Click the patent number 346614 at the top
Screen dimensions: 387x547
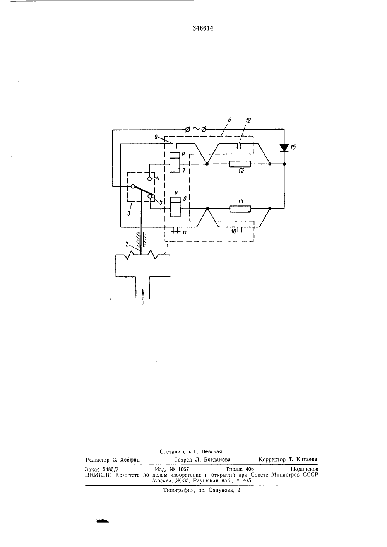pyautogui.click(x=203, y=28)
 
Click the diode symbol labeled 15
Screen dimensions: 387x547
pyautogui.click(x=284, y=148)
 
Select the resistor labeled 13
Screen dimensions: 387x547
pyautogui.click(x=240, y=164)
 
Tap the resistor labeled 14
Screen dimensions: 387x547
pyautogui.click(x=240, y=209)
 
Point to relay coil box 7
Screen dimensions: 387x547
pyautogui.click(x=175, y=162)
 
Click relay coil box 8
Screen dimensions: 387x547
pyautogui.click(x=175, y=207)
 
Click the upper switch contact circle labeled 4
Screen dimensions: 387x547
pyautogui.click(x=149, y=178)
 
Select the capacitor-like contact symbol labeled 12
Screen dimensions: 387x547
pyautogui.click(x=239, y=146)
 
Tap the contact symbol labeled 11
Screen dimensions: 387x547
pyautogui.click(x=175, y=230)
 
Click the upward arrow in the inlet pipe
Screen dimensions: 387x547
pyautogui.click(x=143, y=297)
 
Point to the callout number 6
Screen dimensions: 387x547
pyautogui.click(x=229, y=120)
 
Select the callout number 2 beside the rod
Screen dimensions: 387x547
pyautogui.click(x=127, y=244)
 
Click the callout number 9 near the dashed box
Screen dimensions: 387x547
pyautogui.click(x=156, y=137)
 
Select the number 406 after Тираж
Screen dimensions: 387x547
pyautogui.click(x=250, y=469)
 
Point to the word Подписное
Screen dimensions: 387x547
pyautogui.click(x=304, y=469)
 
